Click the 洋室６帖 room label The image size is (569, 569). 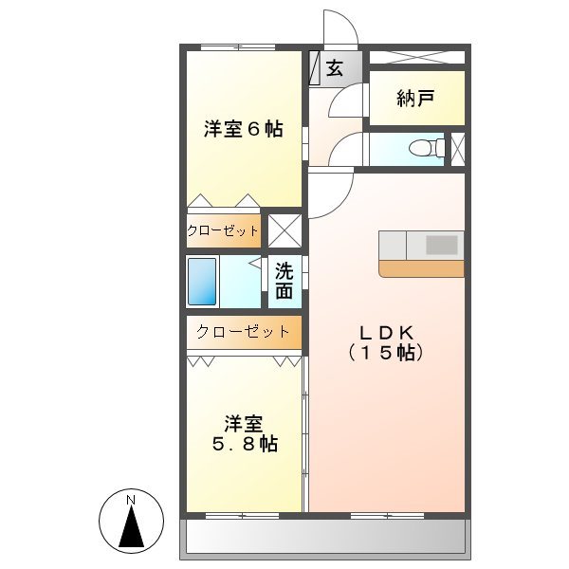pyautogui.click(x=243, y=130)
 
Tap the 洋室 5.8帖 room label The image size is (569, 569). pyautogui.click(x=244, y=432)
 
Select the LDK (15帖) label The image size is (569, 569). pyautogui.click(x=384, y=341)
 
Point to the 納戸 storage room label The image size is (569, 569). pyautogui.click(x=416, y=99)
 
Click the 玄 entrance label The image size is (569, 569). pyautogui.click(x=335, y=68)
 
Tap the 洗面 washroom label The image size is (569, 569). pyautogui.click(x=284, y=281)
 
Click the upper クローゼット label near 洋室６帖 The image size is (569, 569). pyautogui.click(x=223, y=230)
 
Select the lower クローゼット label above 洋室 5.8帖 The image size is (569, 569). pyautogui.click(x=243, y=332)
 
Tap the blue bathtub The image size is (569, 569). pyautogui.click(x=202, y=281)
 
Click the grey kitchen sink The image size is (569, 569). pyautogui.click(x=440, y=245)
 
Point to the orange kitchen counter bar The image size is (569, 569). pyautogui.click(x=421, y=268)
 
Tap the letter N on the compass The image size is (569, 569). pyautogui.click(x=132, y=500)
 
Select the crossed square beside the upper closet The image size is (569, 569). pyautogui.click(x=284, y=230)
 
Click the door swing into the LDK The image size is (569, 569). pyautogui.click(x=328, y=194)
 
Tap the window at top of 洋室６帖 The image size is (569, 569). pyautogui.click(x=237, y=46)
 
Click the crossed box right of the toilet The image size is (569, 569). pyautogui.click(x=458, y=147)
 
